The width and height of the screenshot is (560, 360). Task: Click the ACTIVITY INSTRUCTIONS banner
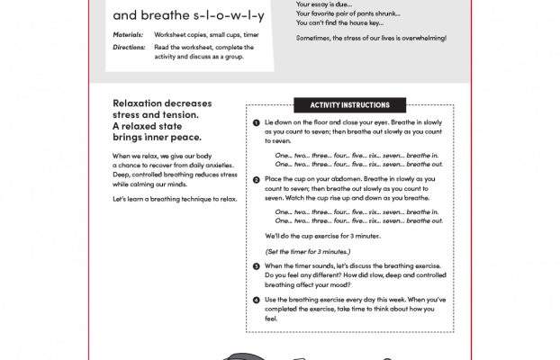[349, 105]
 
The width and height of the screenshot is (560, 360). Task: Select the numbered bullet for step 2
[256, 179]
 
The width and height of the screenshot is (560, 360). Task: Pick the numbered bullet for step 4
[256, 299]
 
